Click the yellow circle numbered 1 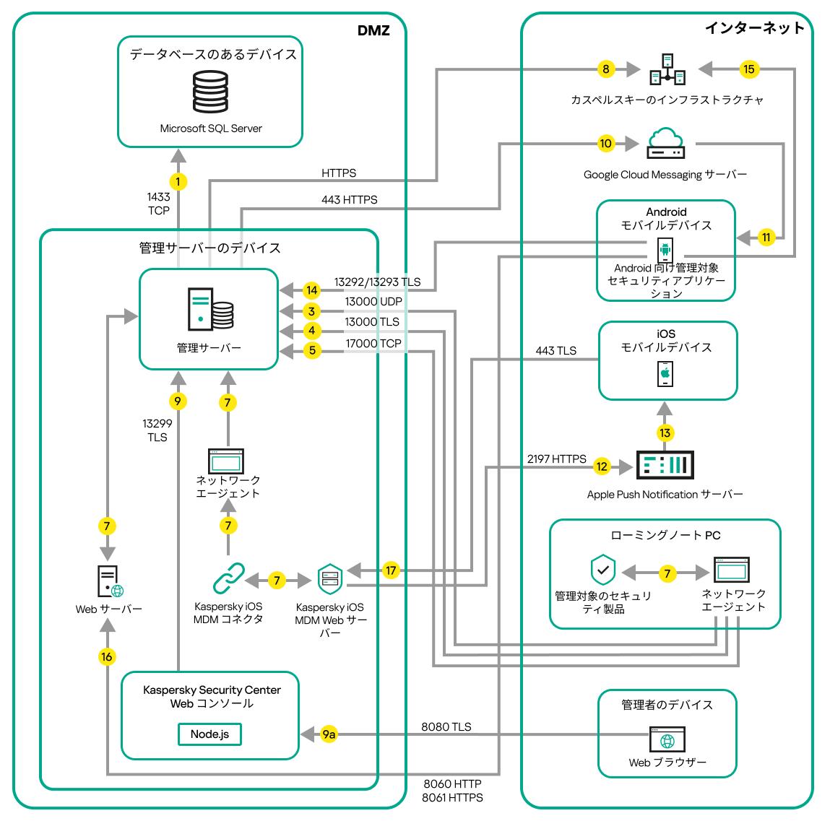(178, 182)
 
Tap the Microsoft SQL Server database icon (210, 92)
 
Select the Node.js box (209, 734)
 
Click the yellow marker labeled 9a (329, 734)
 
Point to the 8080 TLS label (446, 726)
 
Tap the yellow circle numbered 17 (391, 570)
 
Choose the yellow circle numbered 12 (602, 466)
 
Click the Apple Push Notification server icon (665, 465)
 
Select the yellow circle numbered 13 (665, 433)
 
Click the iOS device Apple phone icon (665, 373)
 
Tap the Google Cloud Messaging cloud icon (665, 143)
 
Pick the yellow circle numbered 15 (748, 69)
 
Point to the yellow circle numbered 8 (605, 69)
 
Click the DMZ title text (373, 30)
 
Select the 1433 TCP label (159, 204)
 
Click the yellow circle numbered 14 (311, 290)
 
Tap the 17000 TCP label (373, 344)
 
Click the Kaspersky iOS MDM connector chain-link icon (228, 578)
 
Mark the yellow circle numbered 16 (107, 656)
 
